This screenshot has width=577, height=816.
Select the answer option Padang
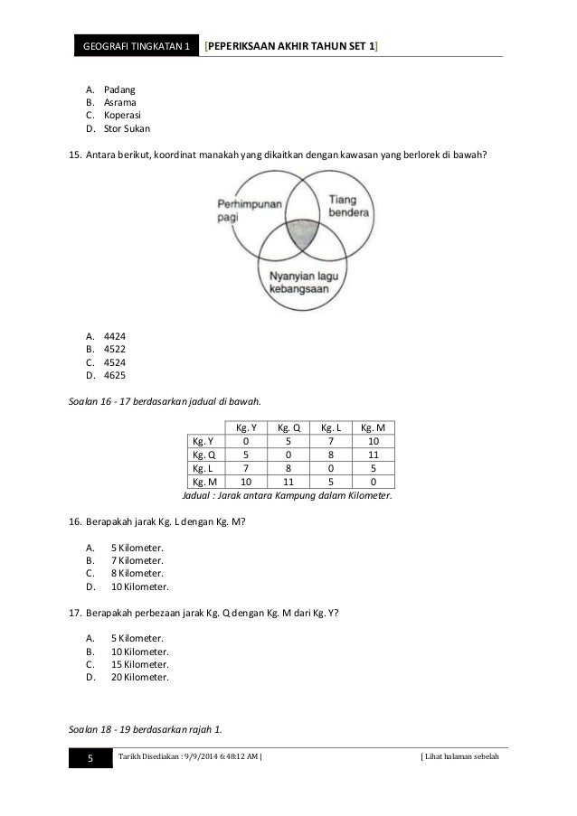tap(118, 90)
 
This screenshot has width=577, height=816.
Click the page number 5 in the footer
tap(90, 768)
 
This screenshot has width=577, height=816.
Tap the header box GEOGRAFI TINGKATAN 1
tap(135, 45)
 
